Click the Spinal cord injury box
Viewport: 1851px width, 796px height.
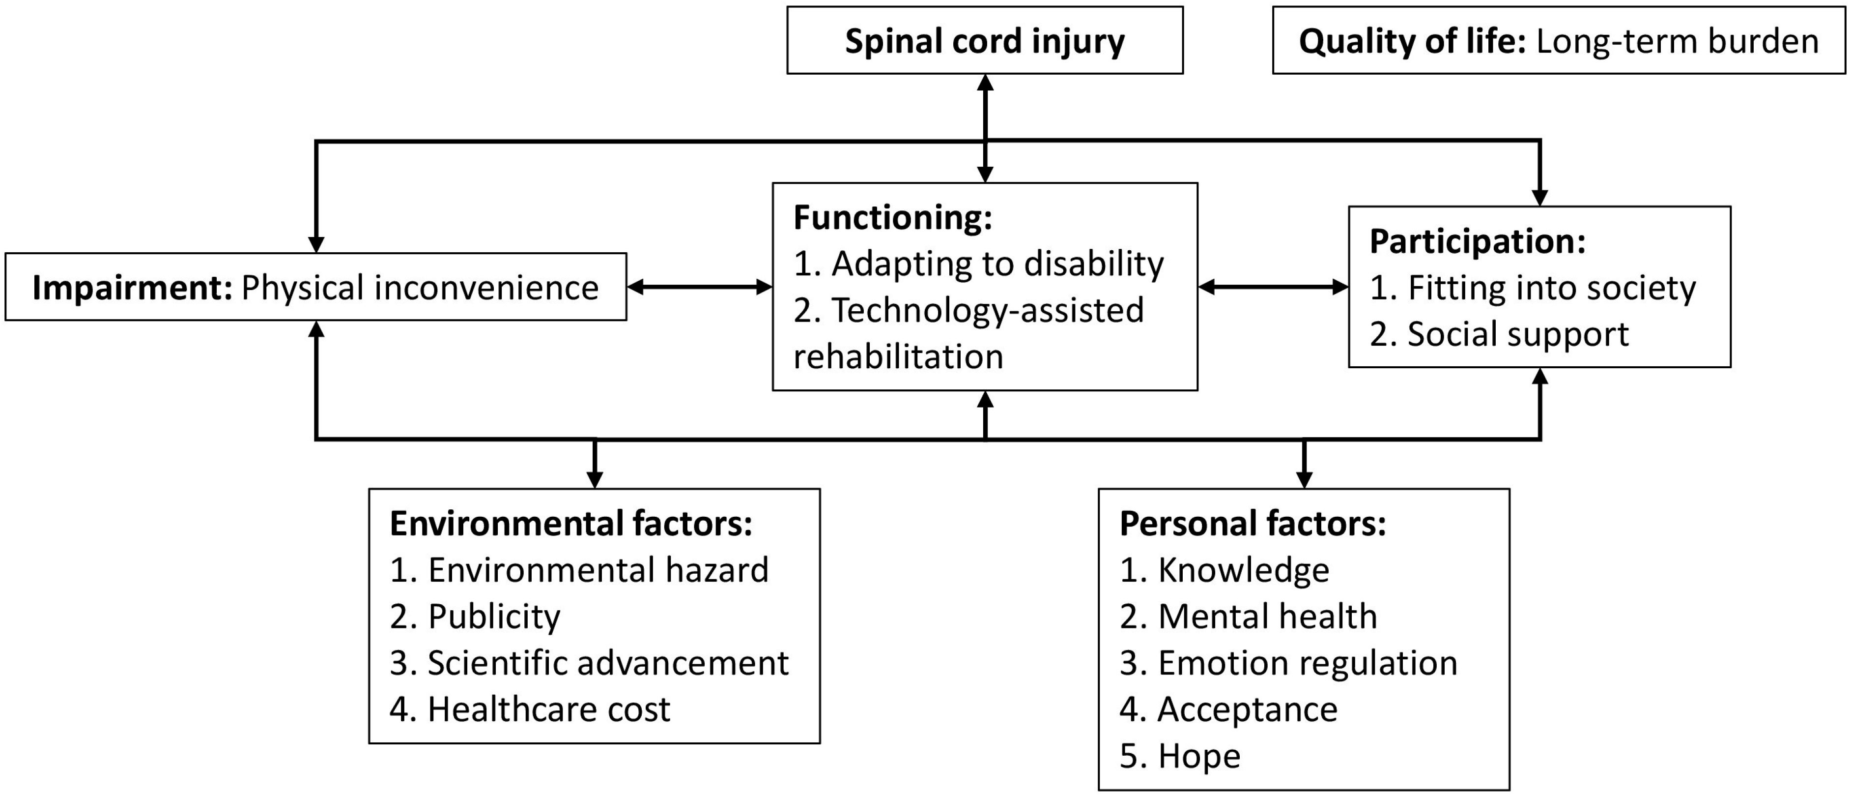click(984, 41)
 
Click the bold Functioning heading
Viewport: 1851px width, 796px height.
click(892, 217)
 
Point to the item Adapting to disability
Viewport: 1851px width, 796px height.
click(979, 264)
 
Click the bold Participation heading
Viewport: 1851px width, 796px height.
click(1478, 241)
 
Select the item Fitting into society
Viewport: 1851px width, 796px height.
click(1532, 288)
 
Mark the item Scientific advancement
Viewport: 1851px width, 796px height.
click(589, 663)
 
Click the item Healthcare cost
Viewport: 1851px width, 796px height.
click(530, 709)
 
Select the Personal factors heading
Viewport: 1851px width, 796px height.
click(1253, 524)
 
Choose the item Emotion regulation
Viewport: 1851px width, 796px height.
click(1288, 663)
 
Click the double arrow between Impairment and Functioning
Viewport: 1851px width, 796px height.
click(699, 288)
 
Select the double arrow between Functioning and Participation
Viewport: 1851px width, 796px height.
click(1273, 288)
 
